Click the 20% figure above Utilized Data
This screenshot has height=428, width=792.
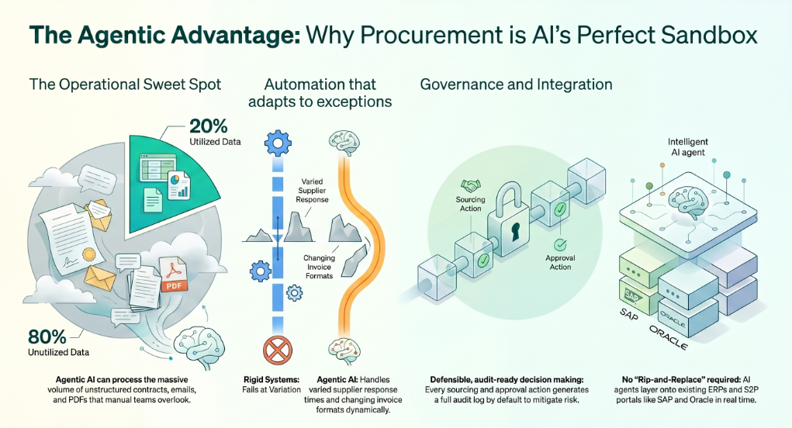point(208,126)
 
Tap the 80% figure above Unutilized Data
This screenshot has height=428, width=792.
point(47,337)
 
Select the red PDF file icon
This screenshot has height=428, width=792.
point(173,274)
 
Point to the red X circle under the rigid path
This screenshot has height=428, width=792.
point(278,350)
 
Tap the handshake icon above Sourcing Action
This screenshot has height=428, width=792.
point(471,186)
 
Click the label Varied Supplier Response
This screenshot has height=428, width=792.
point(312,190)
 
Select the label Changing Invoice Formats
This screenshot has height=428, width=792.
point(320,267)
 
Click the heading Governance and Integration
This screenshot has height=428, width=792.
point(516,84)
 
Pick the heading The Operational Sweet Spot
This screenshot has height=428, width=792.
point(125,85)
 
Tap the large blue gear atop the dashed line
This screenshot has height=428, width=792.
point(278,143)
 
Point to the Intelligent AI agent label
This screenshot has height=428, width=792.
point(687,147)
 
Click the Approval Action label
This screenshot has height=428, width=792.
point(560,262)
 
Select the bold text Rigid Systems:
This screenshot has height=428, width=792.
point(271,380)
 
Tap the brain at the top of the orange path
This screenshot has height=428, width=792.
point(344,143)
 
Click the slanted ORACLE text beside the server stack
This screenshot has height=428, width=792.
point(668,337)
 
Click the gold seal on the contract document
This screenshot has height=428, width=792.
point(89,254)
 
